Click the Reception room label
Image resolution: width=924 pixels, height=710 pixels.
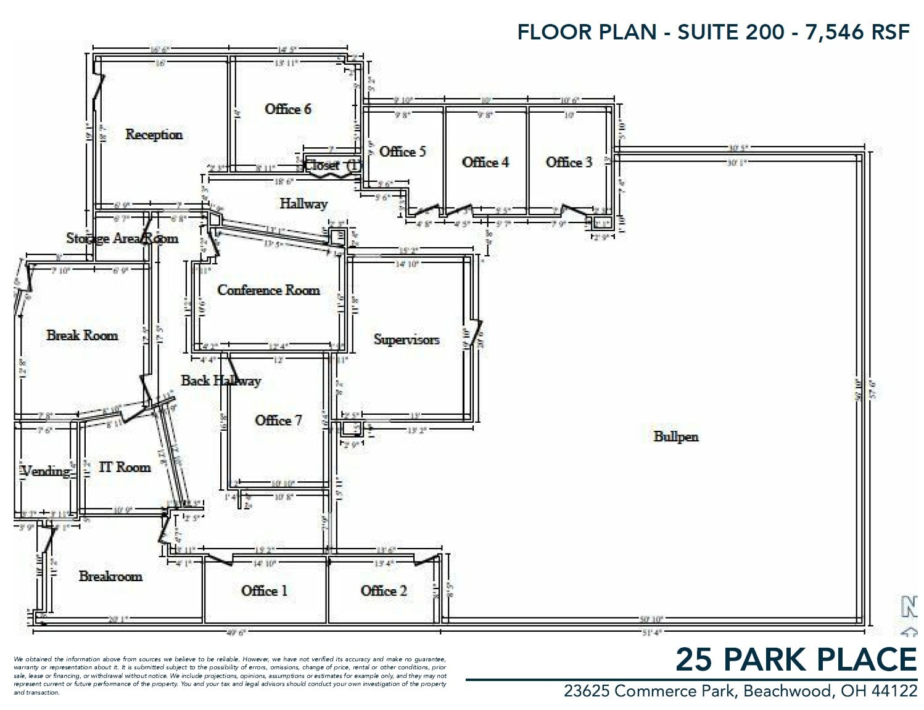(x=154, y=134)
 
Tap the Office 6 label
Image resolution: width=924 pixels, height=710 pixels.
(x=287, y=109)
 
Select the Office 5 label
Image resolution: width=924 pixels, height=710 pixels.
(x=402, y=152)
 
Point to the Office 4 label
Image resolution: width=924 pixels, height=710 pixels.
(x=485, y=162)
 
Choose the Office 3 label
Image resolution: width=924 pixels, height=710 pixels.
(x=569, y=162)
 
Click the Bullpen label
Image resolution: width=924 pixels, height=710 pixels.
(x=676, y=436)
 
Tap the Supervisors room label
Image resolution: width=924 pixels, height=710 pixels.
(x=406, y=340)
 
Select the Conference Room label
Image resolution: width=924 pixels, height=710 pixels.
(x=268, y=290)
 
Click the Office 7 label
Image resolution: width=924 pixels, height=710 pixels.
(x=278, y=420)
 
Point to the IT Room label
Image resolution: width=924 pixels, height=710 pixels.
(x=125, y=467)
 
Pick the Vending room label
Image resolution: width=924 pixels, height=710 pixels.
(x=46, y=471)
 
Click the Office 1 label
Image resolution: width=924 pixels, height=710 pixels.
(x=264, y=590)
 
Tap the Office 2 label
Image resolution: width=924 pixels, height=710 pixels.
(x=384, y=590)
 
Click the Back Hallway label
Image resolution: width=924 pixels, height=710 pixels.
(x=221, y=380)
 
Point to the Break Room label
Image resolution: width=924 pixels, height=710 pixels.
(x=82, y=335)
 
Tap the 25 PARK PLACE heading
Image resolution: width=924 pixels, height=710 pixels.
(x=796, y=659)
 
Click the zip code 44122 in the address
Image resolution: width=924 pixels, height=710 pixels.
(x=894, y=692)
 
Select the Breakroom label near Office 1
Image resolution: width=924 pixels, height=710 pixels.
(x=110, y=576)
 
